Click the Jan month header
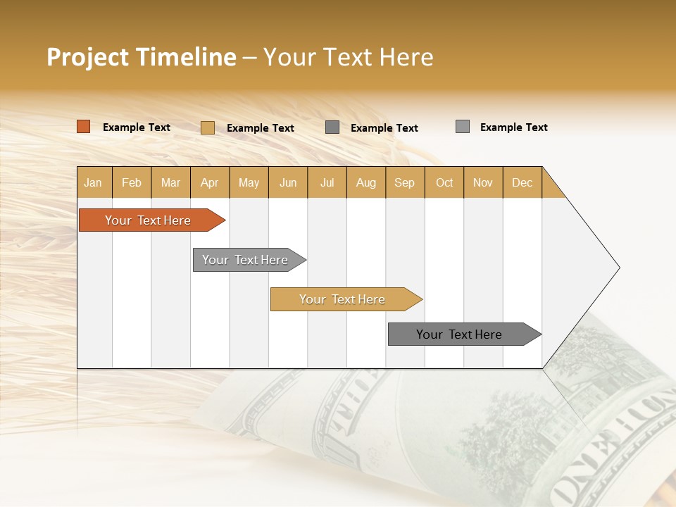[93, 182]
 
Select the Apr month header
[209, 182]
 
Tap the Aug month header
[365, 182]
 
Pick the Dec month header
[522, 182]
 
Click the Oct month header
[444, 182]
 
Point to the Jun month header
[288, 182]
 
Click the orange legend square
[83, 127]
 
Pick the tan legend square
[207, 127]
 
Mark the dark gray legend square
[332, 127]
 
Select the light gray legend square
[462, 127]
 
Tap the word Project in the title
[87, 56]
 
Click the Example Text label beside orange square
[137, 127]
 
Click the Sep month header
[404, 182]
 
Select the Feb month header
[132, 182]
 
